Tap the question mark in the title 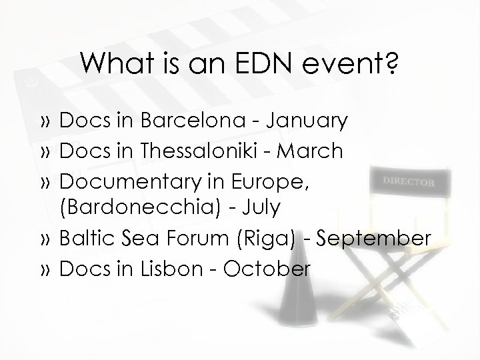click(391, 65)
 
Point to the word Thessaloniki click(197, 151)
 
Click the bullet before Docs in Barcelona click(47, 122)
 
